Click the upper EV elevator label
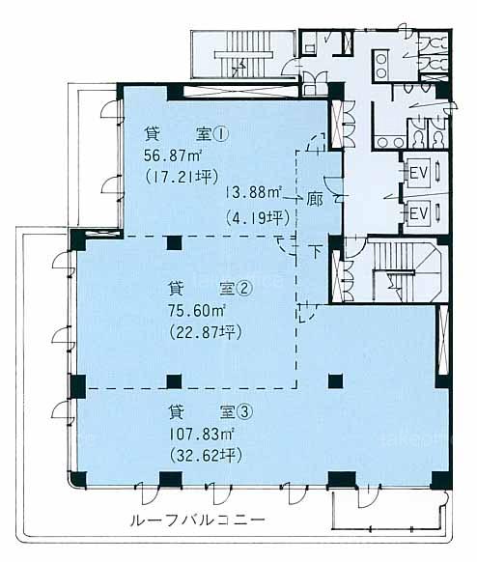point(419,174)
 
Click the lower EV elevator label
point(419,214)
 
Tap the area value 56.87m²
point(173,156)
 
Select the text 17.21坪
point(182,177)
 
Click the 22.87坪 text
point(206,332)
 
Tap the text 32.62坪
point(206,456)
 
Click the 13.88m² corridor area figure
point(253,193)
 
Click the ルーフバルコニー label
point(198,520)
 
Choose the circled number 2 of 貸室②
point(245,290)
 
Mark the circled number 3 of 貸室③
point(245,413)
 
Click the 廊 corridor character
point(315,201)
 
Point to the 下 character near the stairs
point(315,252)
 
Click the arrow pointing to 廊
point(293,198)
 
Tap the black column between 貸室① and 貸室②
point(175,243)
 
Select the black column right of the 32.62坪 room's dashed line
point(336,381)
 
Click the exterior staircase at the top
point(244,54)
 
